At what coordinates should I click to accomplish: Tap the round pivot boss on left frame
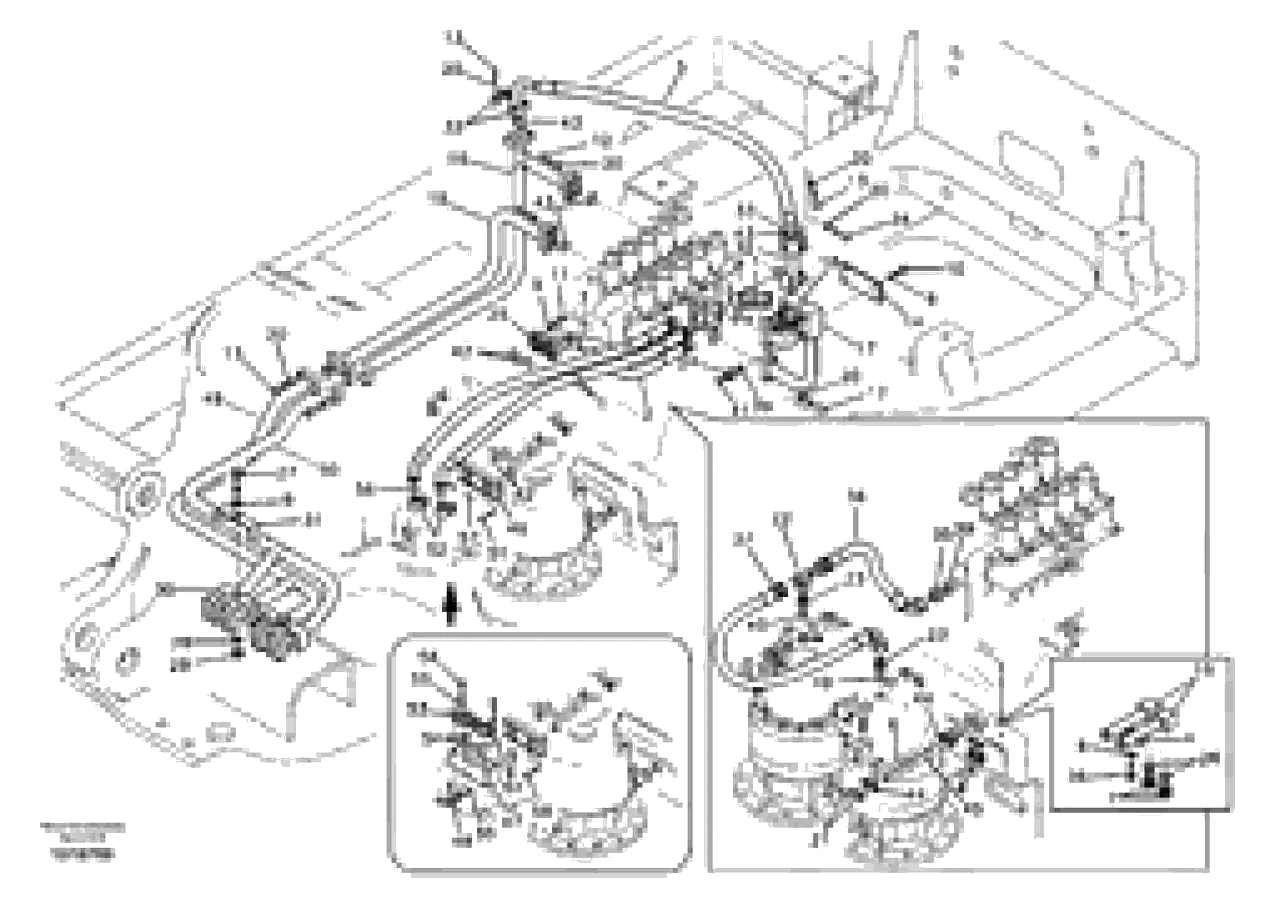click(x=144, y=496)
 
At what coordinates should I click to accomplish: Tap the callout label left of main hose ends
click(x=364, y=490)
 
